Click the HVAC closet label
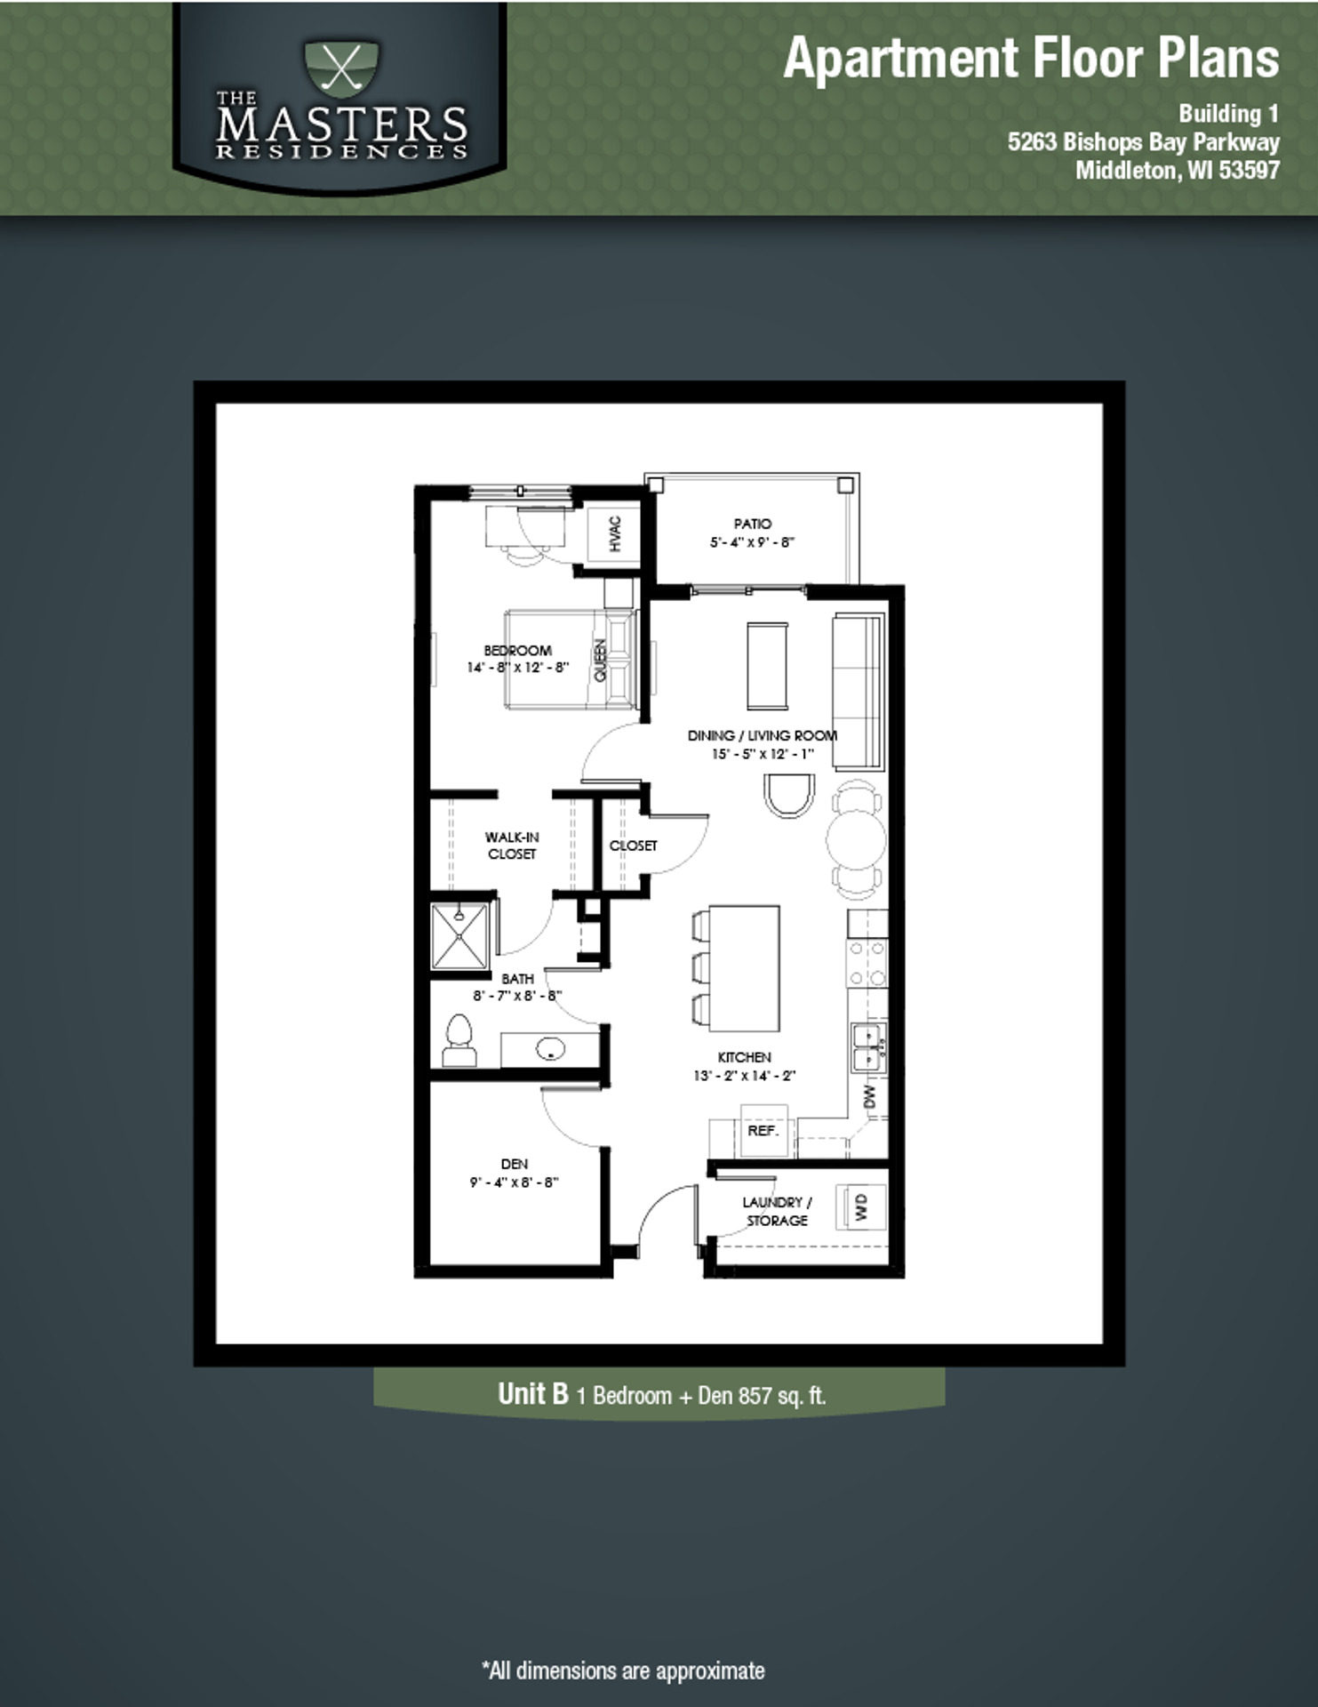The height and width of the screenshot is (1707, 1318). click(615, 533)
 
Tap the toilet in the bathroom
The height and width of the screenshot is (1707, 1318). click(459, 1040)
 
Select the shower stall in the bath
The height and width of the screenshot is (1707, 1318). click(459, 935)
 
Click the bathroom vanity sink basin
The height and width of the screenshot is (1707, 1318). click(550, 1049)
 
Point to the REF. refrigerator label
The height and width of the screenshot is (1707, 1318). click(763, 1131)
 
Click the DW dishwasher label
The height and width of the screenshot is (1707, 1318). click(870, 1096)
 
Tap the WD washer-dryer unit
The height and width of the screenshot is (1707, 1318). click(860, 1206)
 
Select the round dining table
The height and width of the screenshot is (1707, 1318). click(856, 839)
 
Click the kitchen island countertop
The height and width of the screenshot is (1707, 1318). click(745, 967)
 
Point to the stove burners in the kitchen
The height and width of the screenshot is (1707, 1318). click(867, 963)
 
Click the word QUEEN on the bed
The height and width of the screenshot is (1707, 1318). click(600, 660)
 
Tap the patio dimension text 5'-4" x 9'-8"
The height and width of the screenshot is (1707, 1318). click(752, 542)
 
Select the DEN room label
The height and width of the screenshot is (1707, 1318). click(515, 1164)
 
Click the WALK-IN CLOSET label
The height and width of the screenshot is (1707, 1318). click(512, 845)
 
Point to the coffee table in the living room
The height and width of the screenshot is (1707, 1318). click(767, 665)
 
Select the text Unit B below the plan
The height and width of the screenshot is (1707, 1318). click(532, 1393)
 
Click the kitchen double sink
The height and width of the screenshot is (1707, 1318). click(867, 1047)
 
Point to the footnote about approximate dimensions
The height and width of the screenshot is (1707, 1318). click(623, 1671)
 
